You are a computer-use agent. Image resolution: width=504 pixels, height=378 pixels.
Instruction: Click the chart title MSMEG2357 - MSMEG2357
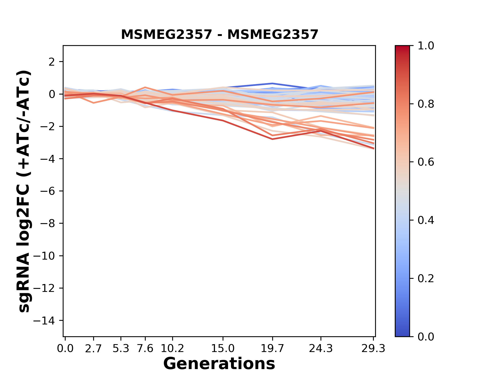point(219,35)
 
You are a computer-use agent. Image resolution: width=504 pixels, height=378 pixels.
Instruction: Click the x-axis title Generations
point(219,364)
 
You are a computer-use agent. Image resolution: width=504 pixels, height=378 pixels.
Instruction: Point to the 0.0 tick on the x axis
point(65,349)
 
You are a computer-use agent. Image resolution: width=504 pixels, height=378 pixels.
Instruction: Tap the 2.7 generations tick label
point(93,349)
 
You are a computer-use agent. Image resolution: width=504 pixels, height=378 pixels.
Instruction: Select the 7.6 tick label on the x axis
point(145,349)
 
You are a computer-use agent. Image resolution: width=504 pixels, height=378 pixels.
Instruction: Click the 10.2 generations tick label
point(172,349)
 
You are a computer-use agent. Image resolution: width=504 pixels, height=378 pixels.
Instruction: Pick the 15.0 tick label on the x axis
point(223,349)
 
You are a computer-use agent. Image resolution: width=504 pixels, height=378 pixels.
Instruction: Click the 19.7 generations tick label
point(272,349)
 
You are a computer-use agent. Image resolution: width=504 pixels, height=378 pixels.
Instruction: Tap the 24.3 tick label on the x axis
point(321,349)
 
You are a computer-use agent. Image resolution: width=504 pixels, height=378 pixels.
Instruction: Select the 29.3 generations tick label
point(373,349)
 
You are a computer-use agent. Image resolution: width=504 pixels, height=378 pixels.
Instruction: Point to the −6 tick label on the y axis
point(48,191)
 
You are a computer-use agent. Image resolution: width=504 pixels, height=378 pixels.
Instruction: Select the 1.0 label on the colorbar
point(426,46)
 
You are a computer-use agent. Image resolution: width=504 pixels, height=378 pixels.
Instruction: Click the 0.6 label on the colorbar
point(426,162)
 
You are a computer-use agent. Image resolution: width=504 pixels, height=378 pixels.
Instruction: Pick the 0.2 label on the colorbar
point(426,279)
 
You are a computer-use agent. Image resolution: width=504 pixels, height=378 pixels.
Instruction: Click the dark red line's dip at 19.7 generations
point(272,139)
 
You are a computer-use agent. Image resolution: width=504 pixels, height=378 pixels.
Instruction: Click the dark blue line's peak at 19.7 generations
point(272,83)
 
